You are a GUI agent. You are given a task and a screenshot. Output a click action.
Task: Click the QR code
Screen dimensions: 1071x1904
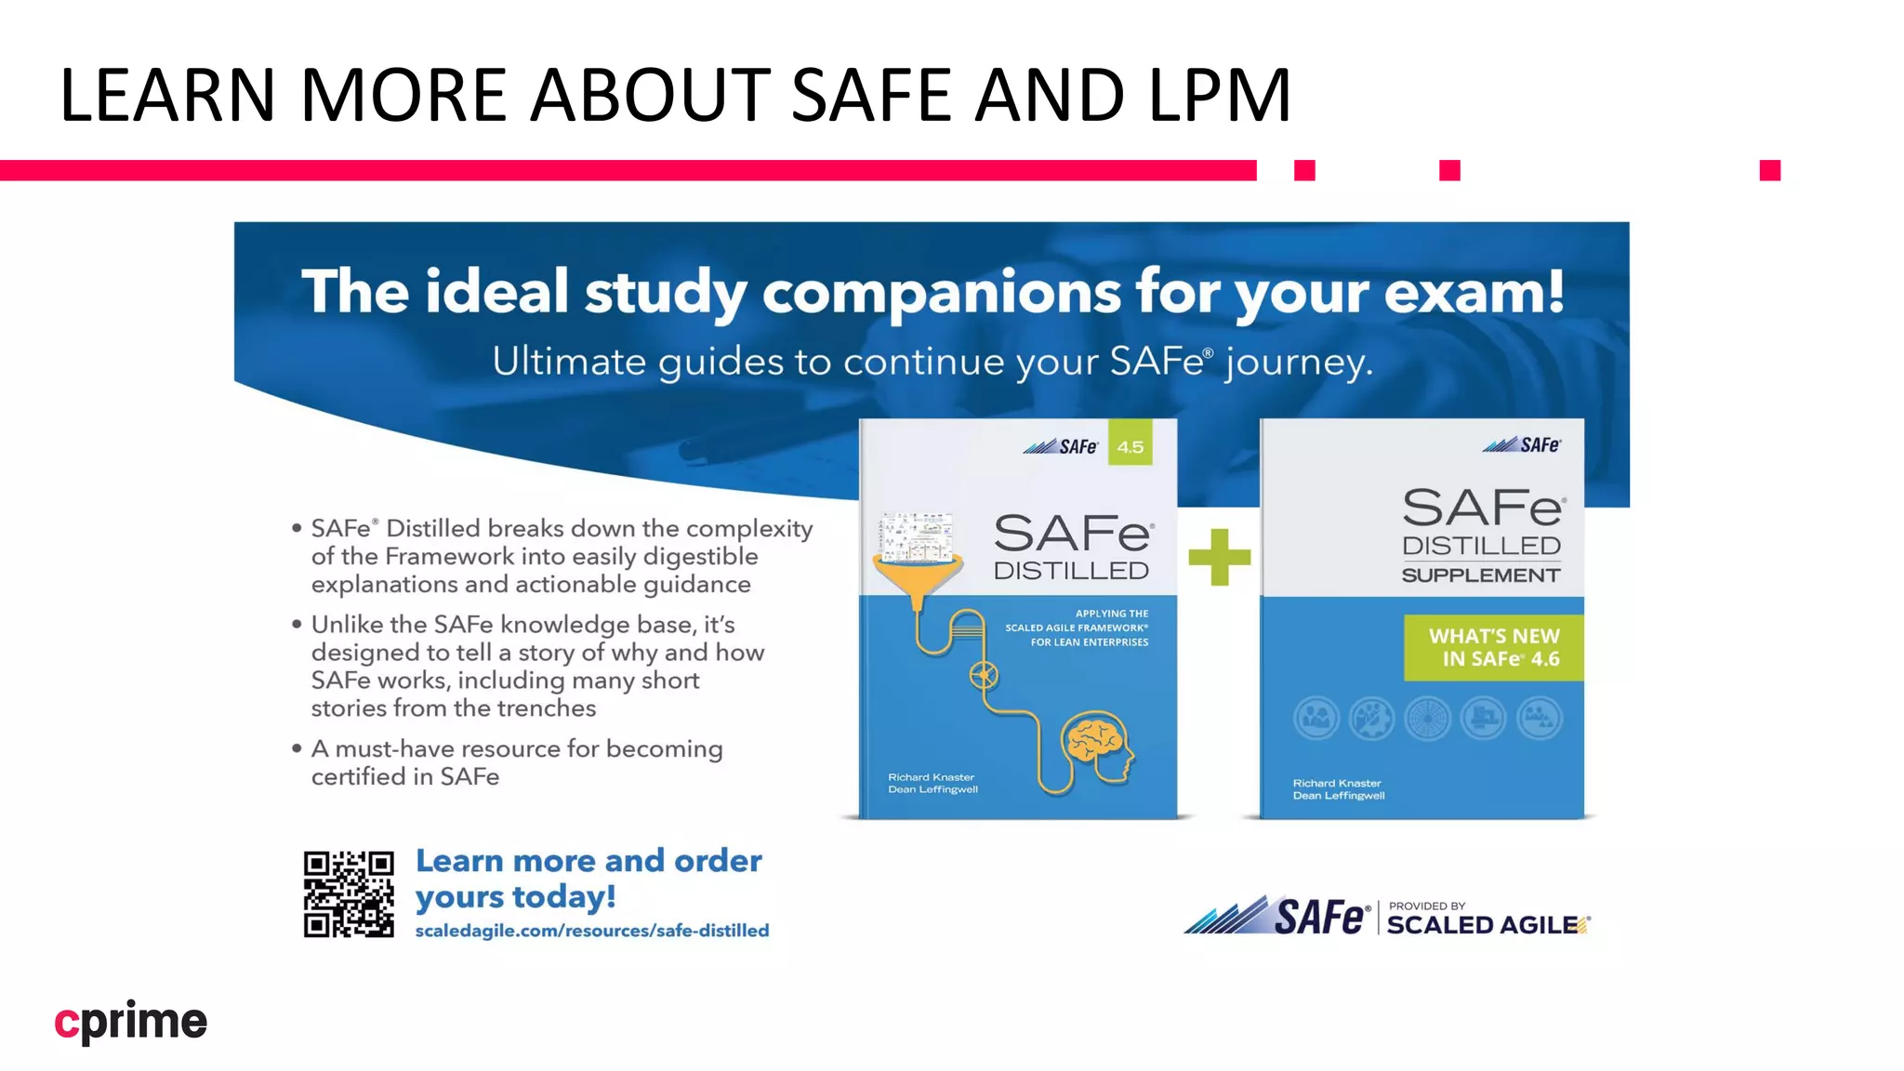tap(349, 893)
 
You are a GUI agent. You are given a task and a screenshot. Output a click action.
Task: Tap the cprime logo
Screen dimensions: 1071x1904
tap(131, 1022)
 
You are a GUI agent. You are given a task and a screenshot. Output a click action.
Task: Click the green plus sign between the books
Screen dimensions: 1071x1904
tap(1219, 557)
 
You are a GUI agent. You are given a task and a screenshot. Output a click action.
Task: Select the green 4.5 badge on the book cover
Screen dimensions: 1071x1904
tap(1130, 446)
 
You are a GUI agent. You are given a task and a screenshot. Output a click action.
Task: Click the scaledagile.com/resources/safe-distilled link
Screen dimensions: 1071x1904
tap(592, 931)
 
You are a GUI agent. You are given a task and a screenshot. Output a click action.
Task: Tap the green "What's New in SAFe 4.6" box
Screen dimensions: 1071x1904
tap(1493, 648)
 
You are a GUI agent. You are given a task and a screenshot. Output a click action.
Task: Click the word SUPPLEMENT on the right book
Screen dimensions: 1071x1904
tap(1480, 575)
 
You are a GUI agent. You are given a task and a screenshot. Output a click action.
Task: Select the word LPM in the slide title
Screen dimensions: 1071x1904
tap(1220, 95)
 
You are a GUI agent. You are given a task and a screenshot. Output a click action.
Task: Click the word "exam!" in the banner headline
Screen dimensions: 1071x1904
tap(1474, 292)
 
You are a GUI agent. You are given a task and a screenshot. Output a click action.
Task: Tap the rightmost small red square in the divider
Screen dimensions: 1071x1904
tap(1769, 170)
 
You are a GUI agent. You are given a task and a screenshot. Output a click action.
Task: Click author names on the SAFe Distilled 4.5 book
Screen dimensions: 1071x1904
tap(932, 783)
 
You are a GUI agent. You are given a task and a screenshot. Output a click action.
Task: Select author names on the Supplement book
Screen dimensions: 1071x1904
tap(1338, 789)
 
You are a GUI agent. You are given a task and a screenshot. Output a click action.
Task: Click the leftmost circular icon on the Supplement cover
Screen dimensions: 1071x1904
tap(1316, 719)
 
